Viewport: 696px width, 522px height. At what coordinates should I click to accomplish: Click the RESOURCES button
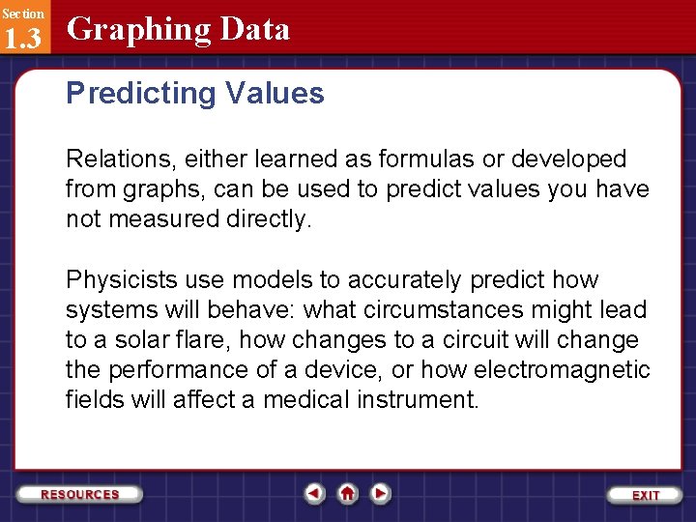pos(80,494)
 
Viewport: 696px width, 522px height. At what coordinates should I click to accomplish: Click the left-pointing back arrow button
pos(314,494)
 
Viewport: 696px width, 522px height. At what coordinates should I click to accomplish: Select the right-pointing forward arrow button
pos(381,494)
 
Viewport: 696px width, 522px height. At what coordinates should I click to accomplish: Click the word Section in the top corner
pos(22,14)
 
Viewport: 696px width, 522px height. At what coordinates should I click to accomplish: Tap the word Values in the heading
pos(275,94)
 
